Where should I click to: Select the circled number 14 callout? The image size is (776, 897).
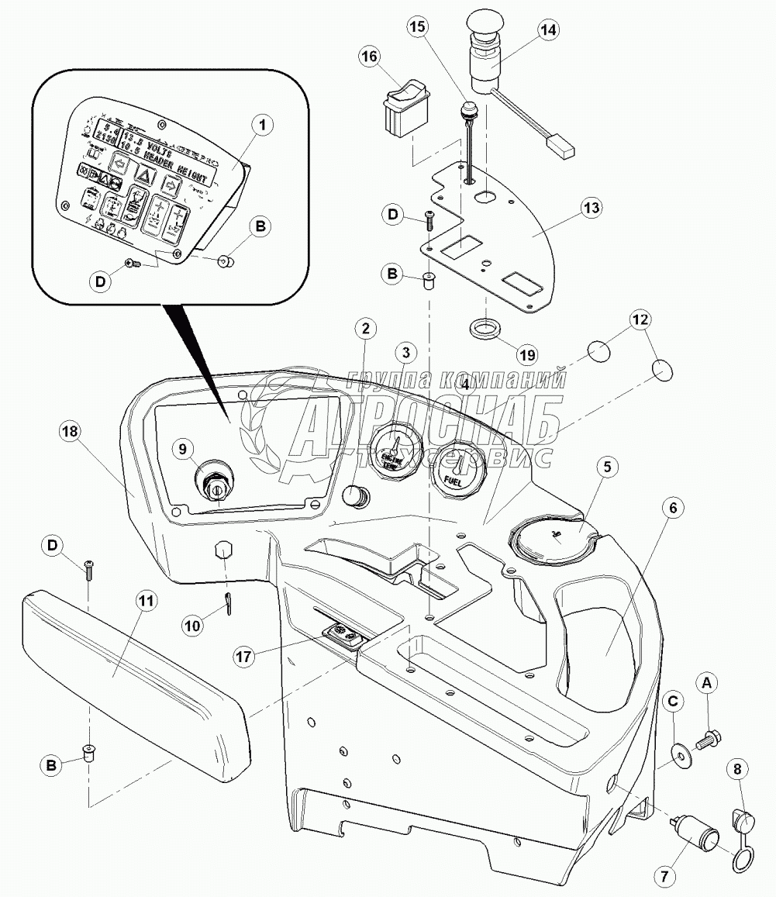[548, 31]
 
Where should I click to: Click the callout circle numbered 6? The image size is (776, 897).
[673, 507]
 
